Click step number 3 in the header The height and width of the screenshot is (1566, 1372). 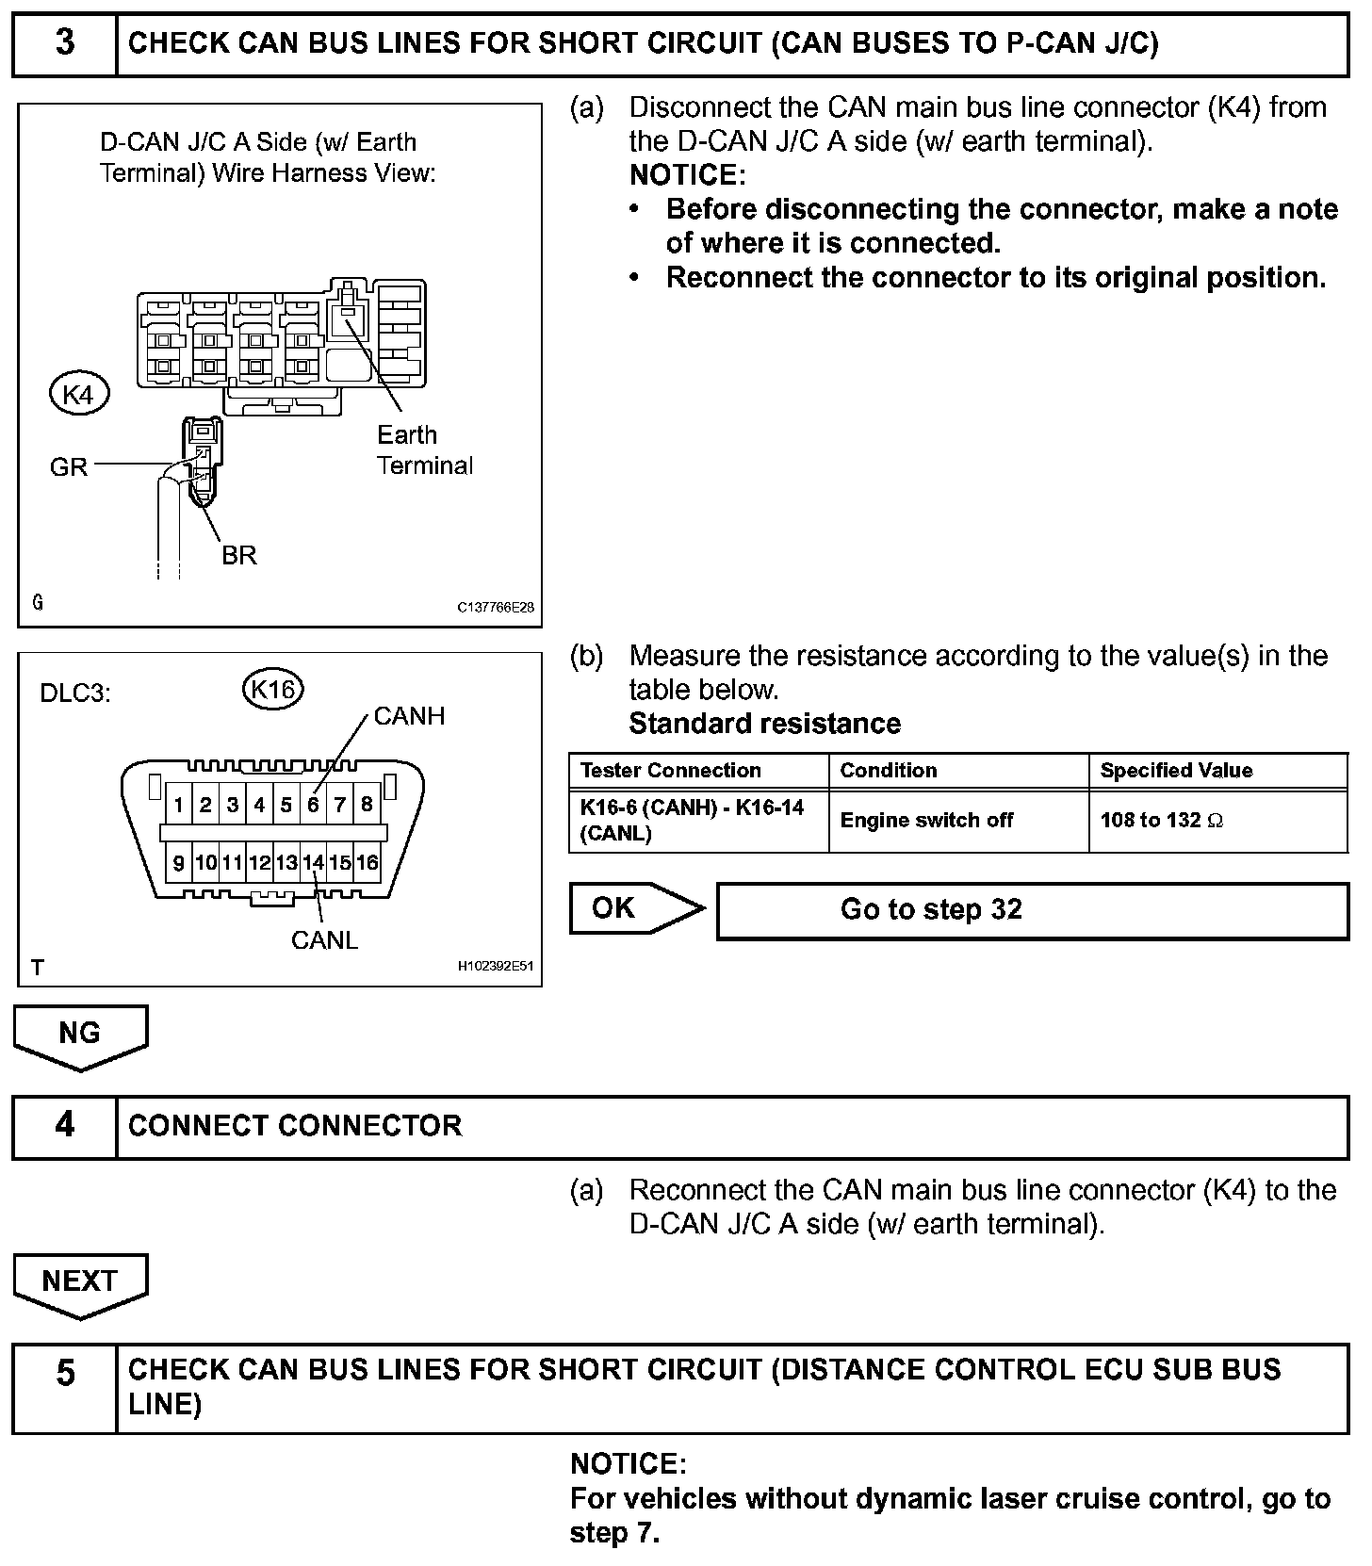pos(64,43)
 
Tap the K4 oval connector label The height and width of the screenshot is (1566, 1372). pos(78,395)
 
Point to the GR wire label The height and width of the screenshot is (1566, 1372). pos(68,466)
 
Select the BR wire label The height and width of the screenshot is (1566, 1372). pos(239,555)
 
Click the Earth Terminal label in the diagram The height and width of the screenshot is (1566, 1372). pos(424,450)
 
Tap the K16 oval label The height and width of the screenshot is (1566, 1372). pos(273,690)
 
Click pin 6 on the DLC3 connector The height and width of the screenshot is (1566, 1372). pos(313,805)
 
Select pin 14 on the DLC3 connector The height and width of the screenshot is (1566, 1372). pos(313,862)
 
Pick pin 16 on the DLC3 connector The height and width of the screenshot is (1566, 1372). pos(367,862)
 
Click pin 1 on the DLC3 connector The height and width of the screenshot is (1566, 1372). pos(179,805)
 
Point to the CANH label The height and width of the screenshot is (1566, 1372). pos(409,716)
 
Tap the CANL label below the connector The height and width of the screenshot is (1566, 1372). pos(324,940)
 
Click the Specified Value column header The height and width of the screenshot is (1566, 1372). pos(1176,771)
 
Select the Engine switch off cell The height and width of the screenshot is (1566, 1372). pos(926,821)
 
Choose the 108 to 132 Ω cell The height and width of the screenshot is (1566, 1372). pos(1161,821)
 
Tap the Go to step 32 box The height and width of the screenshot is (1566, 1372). pos(1032,910)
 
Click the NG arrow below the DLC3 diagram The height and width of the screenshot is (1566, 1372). pos(80,1035)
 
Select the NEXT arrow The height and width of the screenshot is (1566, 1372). pos(80,1282)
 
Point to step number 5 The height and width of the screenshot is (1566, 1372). pos(64,1373)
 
